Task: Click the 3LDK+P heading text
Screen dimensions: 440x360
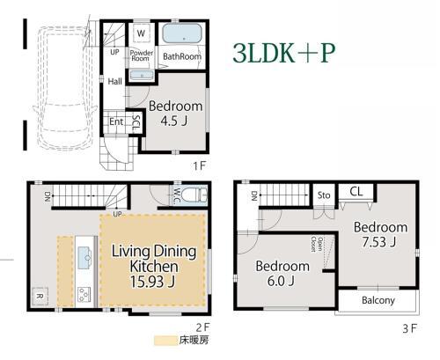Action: click(x=283, y=54)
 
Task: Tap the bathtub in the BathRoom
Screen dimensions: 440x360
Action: click(x=182, y=33)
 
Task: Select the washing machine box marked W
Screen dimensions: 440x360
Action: click(x=141, y=33)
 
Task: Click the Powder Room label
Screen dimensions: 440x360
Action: click(x=142, y=55)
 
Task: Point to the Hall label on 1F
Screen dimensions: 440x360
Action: click(x=114, y=81)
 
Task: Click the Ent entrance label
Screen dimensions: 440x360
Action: click(x=116, y=121)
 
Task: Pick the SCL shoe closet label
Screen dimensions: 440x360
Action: click(x=136, y=123)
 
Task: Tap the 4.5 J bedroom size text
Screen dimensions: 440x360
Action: click(x=174, y=121)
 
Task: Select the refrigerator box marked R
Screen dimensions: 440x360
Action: click(x=40, y=296)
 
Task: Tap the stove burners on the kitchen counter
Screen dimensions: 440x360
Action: click(x=84, y=295)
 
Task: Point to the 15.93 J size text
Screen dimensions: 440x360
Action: click(x=152, y=282)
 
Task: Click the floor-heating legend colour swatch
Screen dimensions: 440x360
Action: click(x=165, y=341)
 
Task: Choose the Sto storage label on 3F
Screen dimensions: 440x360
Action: click(x=324, y=195)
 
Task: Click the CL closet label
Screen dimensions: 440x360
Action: click(x=356, y=192)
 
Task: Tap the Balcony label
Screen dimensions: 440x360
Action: click(x=378, y=300)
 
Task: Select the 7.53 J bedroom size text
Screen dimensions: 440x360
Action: click(x=379, y=242)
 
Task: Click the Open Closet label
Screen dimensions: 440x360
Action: click(x=316, y=245)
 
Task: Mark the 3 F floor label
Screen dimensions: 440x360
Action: click(x=409, y=328)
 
